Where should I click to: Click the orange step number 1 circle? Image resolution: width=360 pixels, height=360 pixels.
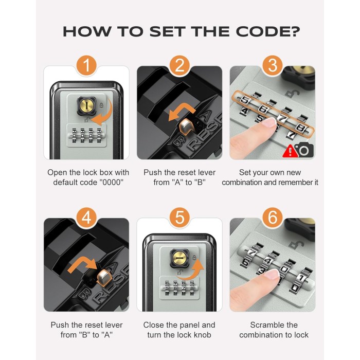(86, 65)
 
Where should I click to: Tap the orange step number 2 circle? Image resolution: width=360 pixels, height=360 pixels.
(179, 65)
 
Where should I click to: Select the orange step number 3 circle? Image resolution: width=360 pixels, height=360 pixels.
(273, 65)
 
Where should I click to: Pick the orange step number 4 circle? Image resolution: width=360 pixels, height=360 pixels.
(86, 218)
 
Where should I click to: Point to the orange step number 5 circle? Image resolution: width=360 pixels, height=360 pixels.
(179, 218)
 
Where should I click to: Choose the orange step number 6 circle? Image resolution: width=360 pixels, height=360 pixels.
(273, 218)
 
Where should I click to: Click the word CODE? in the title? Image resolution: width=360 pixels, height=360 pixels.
(268, 31)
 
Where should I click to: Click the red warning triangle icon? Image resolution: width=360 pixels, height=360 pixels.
(290, 151)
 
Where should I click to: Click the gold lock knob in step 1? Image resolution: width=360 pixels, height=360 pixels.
(86, 106)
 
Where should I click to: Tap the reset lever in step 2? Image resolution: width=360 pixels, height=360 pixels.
(186, 127)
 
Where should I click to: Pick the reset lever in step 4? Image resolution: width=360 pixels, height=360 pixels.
(104, 278)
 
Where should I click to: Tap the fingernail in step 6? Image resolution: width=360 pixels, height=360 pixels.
(272, 275)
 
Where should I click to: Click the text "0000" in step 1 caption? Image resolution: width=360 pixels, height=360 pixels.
(111, 182)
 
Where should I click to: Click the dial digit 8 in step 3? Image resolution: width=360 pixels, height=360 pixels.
(300, 127)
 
